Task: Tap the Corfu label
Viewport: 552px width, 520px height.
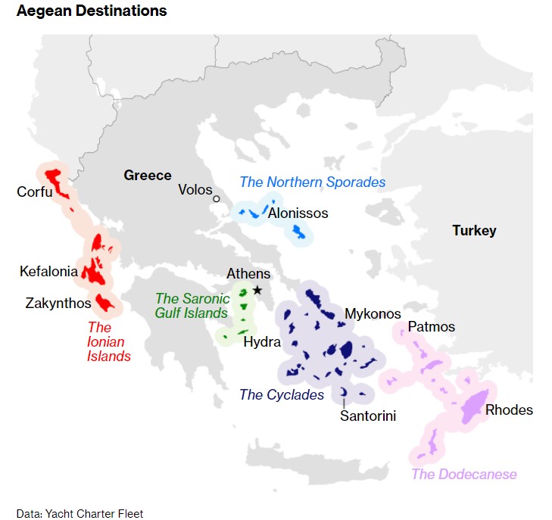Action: (x=35, y=191)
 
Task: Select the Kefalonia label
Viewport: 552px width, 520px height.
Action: (x=48, y=271)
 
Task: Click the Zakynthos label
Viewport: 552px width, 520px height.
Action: (x=58, y=304)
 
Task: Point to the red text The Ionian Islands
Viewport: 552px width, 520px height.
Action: (x=109, y=341)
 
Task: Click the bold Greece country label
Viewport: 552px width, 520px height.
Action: (x=148, y=175)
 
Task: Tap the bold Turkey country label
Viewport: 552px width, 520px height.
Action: (x=474, y=230)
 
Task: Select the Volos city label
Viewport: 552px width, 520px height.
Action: (x=195, y=189)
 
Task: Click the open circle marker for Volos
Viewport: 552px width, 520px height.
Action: (x=217, y=199)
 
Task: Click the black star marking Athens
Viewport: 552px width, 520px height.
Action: (x=257, y=290)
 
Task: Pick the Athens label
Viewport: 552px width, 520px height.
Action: (x=248, y=274)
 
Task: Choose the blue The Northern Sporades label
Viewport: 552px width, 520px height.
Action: (x=312, y=182)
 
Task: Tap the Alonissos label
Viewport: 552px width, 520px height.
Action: (x=298, y=213)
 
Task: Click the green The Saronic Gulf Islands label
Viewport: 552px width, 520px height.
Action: (x=192, y=306)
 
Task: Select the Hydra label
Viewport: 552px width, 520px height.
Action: (x=262, y=341)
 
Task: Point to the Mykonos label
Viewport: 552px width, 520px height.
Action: (x=373, y=313)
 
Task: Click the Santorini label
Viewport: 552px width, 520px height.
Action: (x=368, y=416)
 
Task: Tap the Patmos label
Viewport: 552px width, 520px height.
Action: (x=431, y=327)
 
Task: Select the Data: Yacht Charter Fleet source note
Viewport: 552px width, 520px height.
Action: (x=80, y=513)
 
